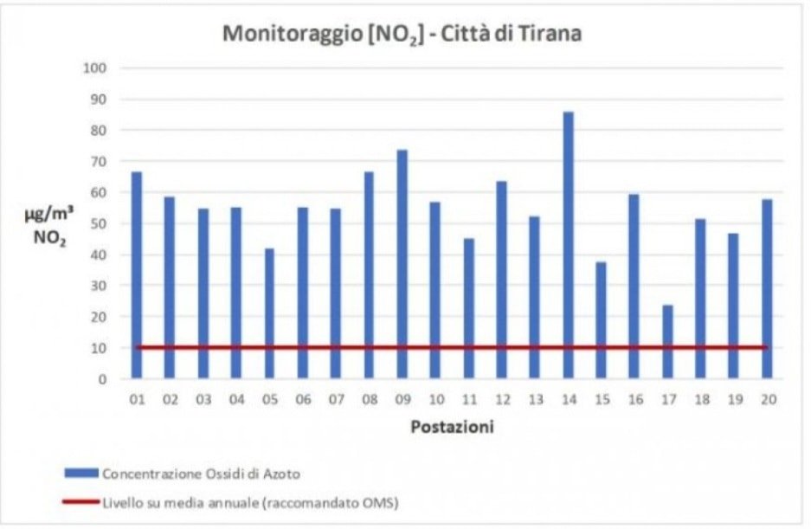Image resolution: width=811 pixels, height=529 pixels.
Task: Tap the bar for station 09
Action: [x=402, y=264]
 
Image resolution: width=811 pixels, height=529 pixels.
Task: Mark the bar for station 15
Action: [x=601, y=320]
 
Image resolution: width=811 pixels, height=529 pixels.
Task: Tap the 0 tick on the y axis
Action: [x=101, y=379]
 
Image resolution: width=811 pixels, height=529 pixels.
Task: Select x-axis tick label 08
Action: [x=369, y=400]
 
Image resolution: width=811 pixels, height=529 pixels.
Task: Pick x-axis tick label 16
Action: [x=634, y=400]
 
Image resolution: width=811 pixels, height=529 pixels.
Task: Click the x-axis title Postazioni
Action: [x=452, y=427]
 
